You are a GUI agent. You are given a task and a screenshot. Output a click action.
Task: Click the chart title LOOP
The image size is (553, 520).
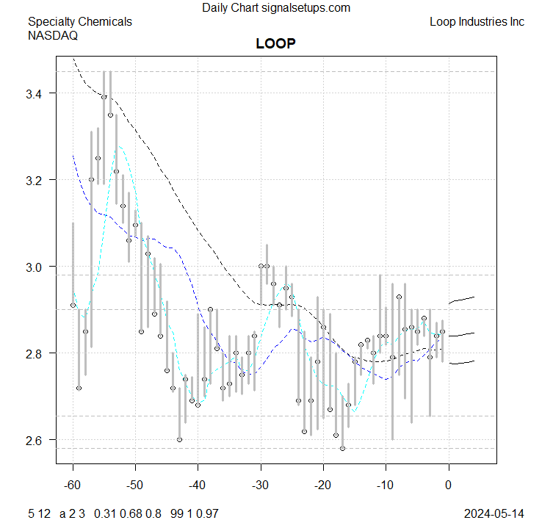click(275, 43)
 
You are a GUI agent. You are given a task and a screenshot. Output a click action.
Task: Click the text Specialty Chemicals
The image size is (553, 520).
click(80, 22)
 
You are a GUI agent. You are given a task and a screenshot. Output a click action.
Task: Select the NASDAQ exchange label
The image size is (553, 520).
click(53, 35)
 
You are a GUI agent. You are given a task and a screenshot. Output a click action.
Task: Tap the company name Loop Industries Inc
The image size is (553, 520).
click(477, 22)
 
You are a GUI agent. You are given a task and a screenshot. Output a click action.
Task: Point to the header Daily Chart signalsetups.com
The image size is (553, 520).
click(276, 8)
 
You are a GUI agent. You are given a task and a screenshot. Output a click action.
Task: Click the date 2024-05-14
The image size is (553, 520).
click(494, 513)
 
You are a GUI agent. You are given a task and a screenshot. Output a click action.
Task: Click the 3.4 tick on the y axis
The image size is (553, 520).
click(36, 94)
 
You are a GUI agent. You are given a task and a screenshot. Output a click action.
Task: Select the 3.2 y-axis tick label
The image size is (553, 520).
click(36, 181)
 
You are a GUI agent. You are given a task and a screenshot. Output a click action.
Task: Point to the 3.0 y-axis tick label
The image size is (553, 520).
click(36, 267)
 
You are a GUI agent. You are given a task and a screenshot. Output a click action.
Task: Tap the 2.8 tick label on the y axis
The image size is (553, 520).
click(36, 353)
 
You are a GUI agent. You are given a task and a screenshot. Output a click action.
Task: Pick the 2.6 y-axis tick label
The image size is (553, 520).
click(36, 440)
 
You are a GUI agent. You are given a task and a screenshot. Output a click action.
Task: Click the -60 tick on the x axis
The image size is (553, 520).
click(73, 485)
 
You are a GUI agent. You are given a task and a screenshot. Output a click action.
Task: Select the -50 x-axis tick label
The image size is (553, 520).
click(135, 485)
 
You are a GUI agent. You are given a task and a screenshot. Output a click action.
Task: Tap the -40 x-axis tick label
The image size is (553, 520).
click(198, 485)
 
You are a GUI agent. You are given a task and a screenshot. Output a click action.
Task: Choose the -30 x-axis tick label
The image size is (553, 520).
click(261, 485)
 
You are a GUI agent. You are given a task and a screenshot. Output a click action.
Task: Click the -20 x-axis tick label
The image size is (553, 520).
click(323, 485)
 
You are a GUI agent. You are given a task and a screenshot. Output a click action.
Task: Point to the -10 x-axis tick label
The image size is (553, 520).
click(386, 485)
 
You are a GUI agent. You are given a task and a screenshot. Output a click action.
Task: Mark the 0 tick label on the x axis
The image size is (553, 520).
click(448, 485)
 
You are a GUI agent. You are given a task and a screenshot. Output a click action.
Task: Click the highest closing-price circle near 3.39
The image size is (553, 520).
click(104, 97)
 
